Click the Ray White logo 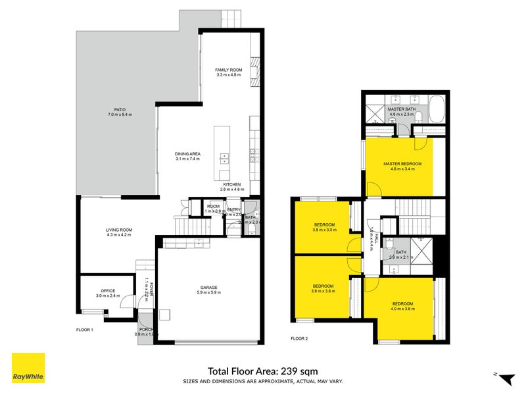[x=28, y=368]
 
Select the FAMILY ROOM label [x=229, y=70]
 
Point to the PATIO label [x=118, y=109]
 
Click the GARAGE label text [x=208, y=288]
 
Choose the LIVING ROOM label [x=120, y=230]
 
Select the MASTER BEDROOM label [x=402, y=163]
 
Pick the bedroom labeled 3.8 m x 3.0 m [x=325, y=225]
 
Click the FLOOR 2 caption [x=299, y=338]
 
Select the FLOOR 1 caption [x=85, y=329]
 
